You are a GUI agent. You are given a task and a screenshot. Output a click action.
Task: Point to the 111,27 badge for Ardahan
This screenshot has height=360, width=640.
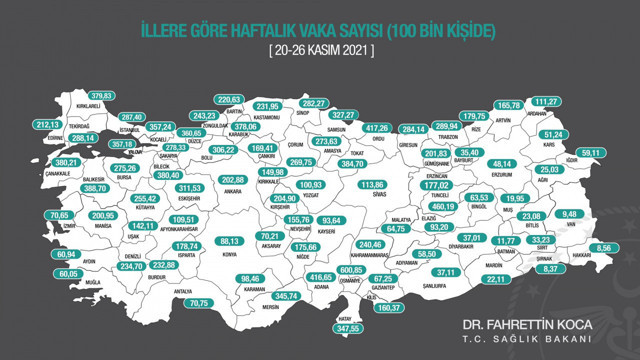[547, 102]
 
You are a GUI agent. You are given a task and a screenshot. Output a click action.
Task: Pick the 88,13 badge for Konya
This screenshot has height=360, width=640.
[231, 242]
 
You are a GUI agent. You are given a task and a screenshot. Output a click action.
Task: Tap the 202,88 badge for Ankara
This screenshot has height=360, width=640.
[231, 181]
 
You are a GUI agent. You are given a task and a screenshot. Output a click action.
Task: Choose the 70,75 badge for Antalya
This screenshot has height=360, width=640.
[200, 303]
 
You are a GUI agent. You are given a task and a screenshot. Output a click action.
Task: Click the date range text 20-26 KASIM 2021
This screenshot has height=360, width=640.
[319, 50]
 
